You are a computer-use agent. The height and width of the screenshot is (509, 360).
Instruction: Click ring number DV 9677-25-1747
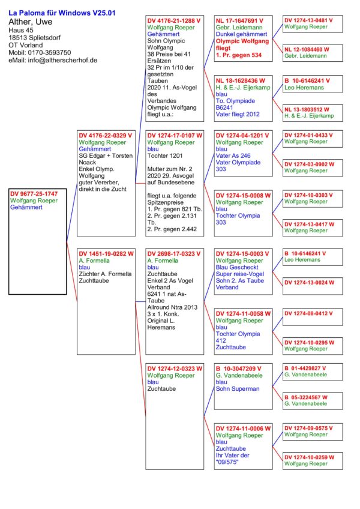click(x=34, y=194)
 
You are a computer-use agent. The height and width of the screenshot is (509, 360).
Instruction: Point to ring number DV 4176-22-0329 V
click(x=106, y=136)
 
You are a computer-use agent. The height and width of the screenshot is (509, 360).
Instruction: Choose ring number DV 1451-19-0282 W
click(x=106, y=254)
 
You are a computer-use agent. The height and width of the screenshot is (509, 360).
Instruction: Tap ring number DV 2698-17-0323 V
click(x=175, y=254)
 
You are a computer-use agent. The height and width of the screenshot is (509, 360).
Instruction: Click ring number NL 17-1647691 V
click(x=239, y=20)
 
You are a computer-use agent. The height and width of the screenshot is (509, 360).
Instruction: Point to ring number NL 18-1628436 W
click(x=240, y=79)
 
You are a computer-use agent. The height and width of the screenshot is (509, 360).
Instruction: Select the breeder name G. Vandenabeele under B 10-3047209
click(x=241, y=375)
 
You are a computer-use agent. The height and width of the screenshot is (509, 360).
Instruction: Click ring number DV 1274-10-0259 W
click(x=310, y=457)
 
